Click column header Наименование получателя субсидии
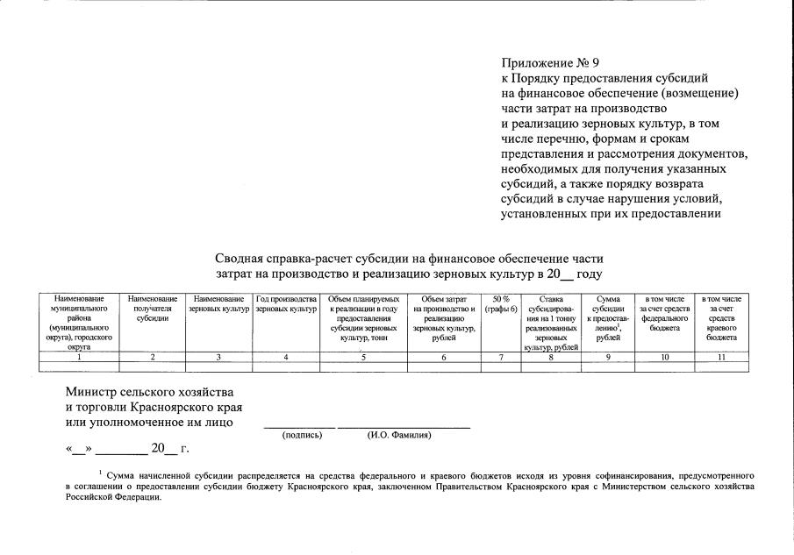[x=153, y=309]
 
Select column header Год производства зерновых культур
[x=286, y=304]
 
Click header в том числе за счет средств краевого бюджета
[x=722, y=318]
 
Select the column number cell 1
[x=80, y=357]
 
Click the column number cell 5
[x=363, y=357]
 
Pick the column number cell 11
[x=722, y=357]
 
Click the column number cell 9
[x=607, y=357]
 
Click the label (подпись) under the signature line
[x=299, y=435]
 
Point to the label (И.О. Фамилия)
[x=399, y=435]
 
